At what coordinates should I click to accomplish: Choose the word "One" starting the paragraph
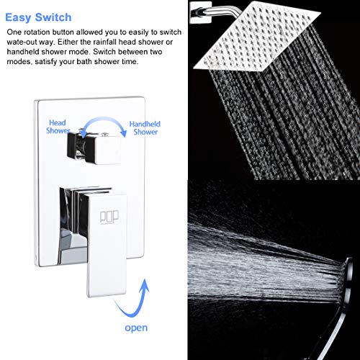[14, 34]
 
